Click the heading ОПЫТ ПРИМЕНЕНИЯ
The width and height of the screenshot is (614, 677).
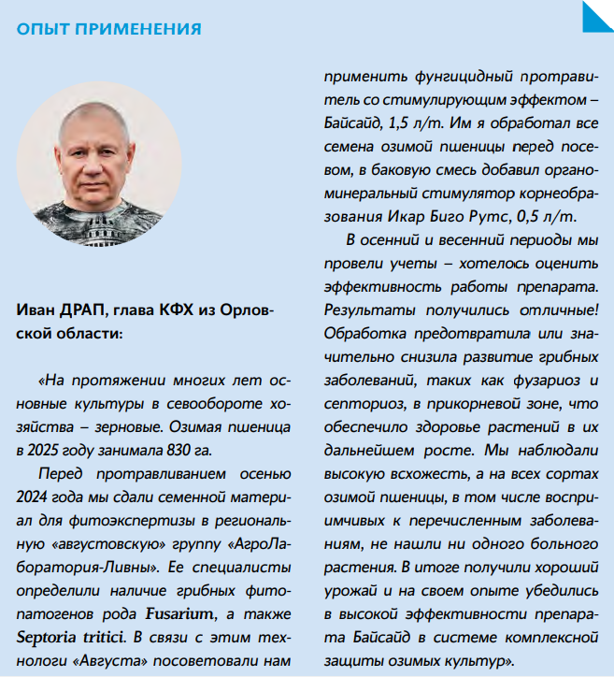(x=108, y=29)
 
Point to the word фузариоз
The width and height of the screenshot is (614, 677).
(x=549, y=379)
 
